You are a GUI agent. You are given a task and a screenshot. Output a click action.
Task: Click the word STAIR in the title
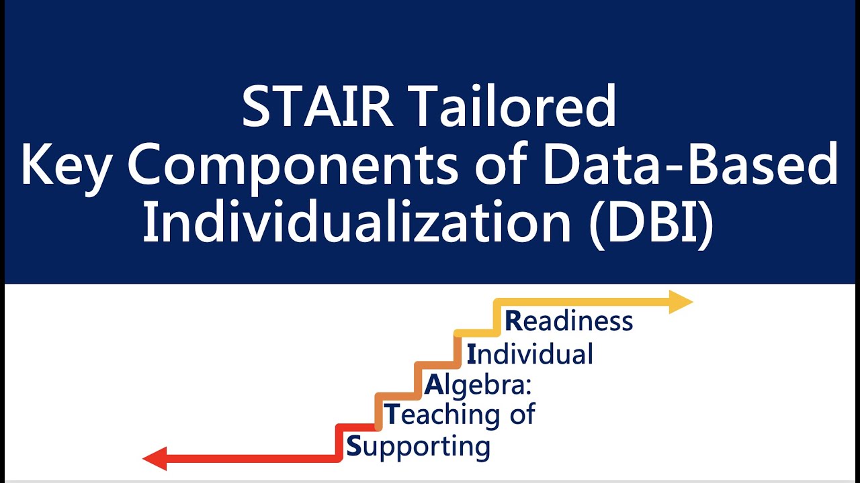coord(318,107)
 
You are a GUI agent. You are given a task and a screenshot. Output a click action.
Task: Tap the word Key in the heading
coord(64,166)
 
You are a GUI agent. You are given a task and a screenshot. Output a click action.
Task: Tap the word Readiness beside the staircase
coord(568,321)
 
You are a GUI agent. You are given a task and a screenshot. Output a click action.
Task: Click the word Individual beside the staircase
coord(529,354)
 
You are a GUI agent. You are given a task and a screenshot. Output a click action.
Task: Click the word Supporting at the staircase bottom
coord(418,446)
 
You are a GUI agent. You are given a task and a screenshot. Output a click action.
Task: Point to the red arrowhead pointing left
coord(154,459)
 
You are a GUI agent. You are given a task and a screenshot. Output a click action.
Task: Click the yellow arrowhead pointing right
coord(681,302)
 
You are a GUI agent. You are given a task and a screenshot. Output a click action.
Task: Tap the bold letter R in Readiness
coord(513,321)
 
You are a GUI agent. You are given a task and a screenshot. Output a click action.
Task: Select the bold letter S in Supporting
coord(353,446)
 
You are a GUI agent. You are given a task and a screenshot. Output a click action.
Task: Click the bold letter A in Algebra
coord(434,385)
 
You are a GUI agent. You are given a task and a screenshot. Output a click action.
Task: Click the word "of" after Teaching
coord(521,415)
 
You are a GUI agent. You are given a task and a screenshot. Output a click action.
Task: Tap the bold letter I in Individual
coord(471,354)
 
